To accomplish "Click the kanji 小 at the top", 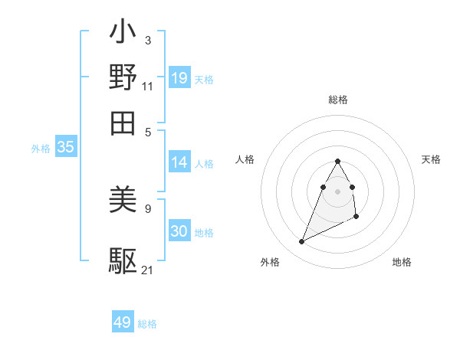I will (123, 34).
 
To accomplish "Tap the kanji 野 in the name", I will (123, 77).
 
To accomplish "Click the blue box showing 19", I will (179, 77).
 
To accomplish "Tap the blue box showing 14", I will (179, 162).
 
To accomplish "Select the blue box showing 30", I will (179, 231).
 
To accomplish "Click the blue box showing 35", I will (65, 148).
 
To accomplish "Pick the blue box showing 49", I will (123, 322).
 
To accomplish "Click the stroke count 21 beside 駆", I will (148, 270).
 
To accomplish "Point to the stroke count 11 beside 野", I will (148, 86).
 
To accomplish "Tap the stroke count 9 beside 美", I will (147, 208).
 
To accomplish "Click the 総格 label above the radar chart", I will (338, 100).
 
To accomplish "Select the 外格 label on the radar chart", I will (270, 262).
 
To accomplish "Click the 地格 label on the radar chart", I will (402, 262).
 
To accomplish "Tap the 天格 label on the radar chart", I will (431, 159).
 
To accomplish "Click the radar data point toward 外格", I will (301, 242).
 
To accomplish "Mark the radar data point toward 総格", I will (338, 161).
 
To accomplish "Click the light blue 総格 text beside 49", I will (147, 324).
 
